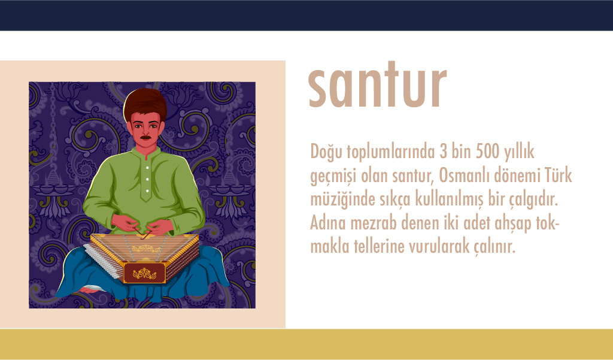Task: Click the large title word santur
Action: (x=377, y=84)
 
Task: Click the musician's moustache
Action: (x=145, y=137)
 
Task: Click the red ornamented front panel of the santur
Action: (x=144, y=273)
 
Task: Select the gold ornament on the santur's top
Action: (x=145, y=248)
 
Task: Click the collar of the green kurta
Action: (x=146, y=153)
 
